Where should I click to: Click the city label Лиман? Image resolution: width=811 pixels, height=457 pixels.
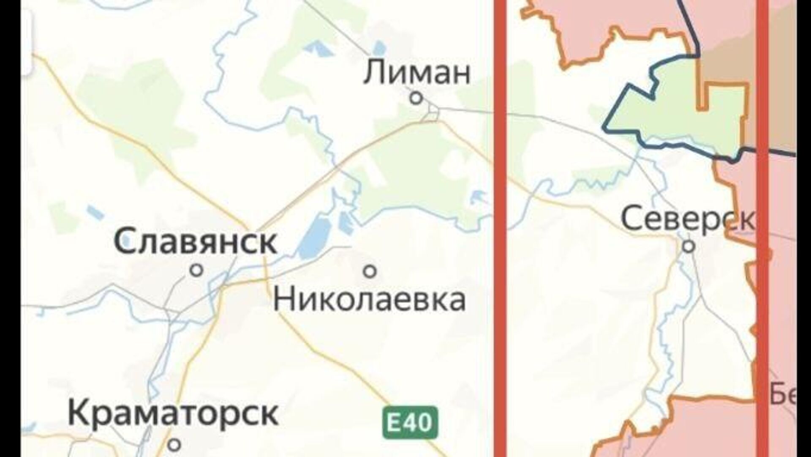click(x=417, y=73)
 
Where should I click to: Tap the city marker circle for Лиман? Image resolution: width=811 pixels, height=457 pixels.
click(x=416, y=99)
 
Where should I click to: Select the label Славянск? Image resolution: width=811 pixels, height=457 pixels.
click(x=196, y=242)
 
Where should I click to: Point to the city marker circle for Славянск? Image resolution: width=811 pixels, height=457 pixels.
click(x=196, y=270)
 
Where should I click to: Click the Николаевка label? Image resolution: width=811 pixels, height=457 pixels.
click(x=370, y=300)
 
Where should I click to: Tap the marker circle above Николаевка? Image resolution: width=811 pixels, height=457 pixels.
click(x=370, y=271)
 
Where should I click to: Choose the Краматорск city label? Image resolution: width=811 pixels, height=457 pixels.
click(x=173, y=414)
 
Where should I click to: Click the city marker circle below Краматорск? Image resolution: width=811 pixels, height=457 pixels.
click(x=174, y=444)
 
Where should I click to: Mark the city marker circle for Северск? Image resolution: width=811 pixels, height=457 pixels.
click(x=689, y=246)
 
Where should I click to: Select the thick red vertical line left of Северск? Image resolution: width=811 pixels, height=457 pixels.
click(x=500, y=254)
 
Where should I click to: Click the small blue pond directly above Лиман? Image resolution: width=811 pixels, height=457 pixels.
click(x=379, y=48)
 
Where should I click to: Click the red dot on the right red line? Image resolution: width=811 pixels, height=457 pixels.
click(x=767, y=254)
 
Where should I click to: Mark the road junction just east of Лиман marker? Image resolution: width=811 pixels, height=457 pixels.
click(x=434, y=111)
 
